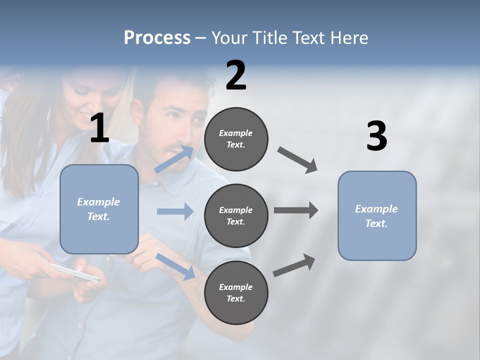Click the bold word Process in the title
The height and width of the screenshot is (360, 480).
coord(157,37)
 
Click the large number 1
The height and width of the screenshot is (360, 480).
coord(99,129)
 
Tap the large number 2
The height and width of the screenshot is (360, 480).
coord(236,75)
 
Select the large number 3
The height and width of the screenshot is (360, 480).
coord(376,136)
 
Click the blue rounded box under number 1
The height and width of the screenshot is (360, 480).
coord(99,209)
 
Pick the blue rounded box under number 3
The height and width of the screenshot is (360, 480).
coord(377,216)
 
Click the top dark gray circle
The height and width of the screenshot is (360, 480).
coord(236,139)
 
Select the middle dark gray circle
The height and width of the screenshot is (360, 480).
coord(236,216)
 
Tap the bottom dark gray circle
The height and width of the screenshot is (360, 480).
coord(236,293)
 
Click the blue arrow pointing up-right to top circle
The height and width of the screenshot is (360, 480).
coord(174,159)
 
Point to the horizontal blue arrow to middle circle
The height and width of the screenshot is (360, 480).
coord(175,211)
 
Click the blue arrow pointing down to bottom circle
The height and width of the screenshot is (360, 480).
coord(175,266)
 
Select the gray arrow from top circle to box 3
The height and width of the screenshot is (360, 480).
coord(297,159)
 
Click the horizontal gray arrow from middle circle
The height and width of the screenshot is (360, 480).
coord(295,210)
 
